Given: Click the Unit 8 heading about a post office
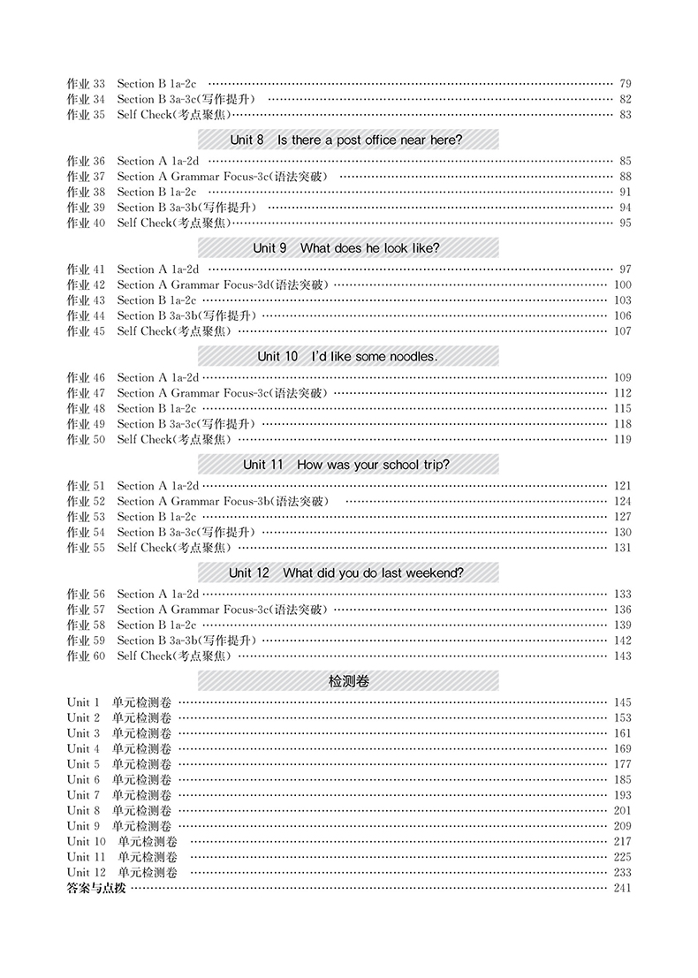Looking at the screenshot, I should coord(348,140).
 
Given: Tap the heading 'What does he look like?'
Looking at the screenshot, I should coord(348,248).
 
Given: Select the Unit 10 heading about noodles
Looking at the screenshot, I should coord(348,356).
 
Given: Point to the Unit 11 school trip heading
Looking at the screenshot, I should coord(348,465).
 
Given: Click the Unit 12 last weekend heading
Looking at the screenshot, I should coord(348,572).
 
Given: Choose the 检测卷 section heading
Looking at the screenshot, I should coord(348,681).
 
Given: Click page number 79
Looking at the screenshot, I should coord(626,83).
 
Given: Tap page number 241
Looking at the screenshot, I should coord(622,888).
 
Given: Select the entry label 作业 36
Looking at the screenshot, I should coord(86,161).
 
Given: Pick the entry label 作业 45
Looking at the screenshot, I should coord(86,331).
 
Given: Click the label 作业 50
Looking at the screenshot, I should coord(86,439).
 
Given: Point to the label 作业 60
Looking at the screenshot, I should coord(86,656).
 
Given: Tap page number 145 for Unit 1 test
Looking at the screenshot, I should coord(622,702).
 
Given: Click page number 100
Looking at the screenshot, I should coord(622,284).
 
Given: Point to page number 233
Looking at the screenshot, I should coord(622,872).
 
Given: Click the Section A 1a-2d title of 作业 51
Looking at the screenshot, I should coord(158,486).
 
